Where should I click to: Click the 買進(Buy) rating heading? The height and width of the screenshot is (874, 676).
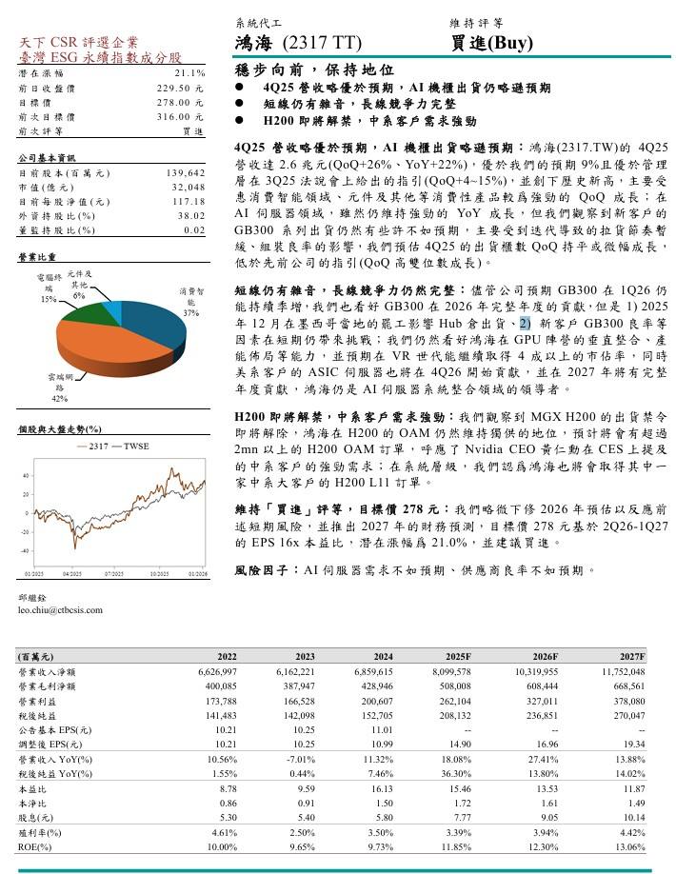491,43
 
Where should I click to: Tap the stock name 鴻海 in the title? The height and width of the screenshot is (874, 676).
254,43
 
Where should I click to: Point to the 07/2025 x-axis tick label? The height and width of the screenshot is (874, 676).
114,574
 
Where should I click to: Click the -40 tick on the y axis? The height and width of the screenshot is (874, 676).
24,551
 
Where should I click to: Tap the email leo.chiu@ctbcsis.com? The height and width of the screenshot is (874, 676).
60,609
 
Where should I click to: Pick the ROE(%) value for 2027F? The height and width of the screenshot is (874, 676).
628,846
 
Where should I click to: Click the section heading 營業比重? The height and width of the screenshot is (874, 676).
37,258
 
